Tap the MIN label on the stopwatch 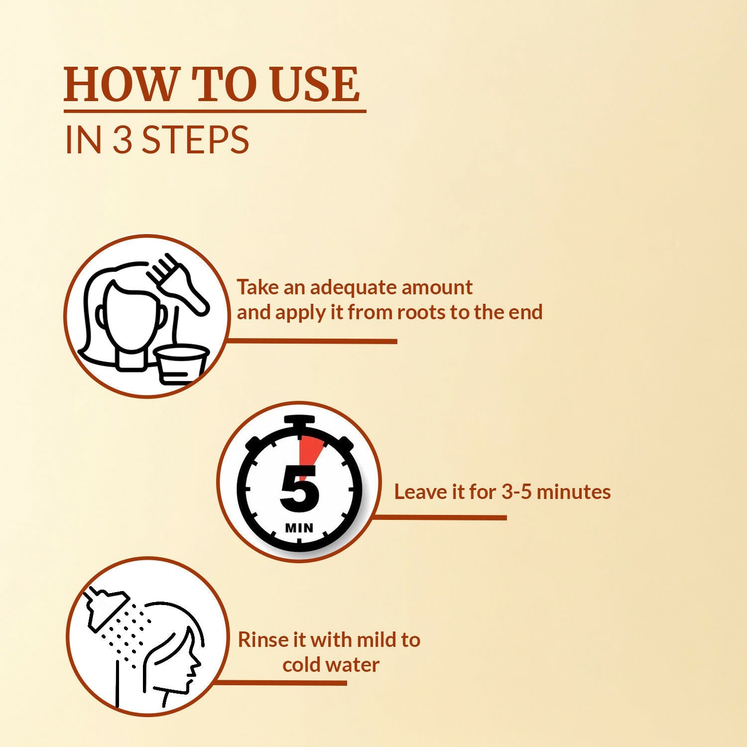[x=299, y=528]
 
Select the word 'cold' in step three [x=301, y=665]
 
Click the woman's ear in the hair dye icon [x=100, y=315]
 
